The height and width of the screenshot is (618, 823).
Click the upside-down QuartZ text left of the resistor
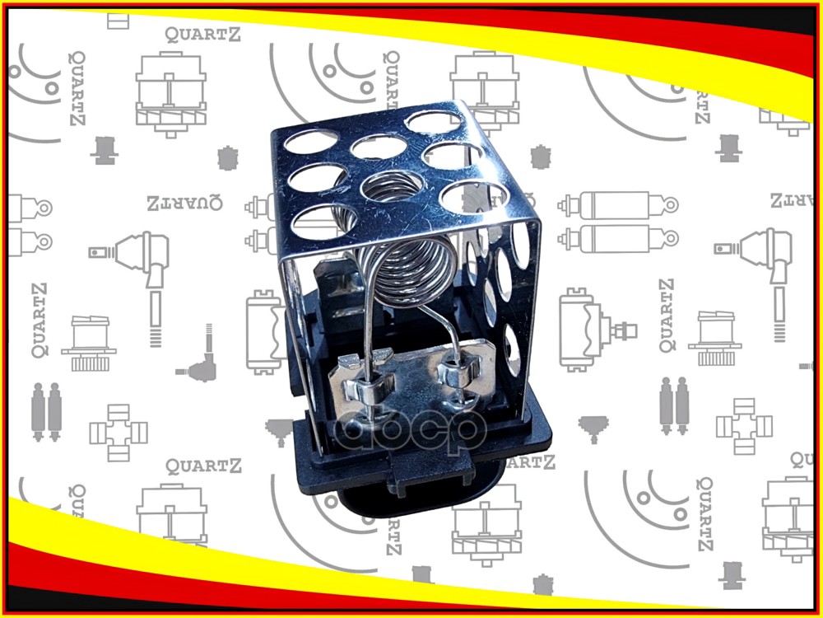tap(185, 202)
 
